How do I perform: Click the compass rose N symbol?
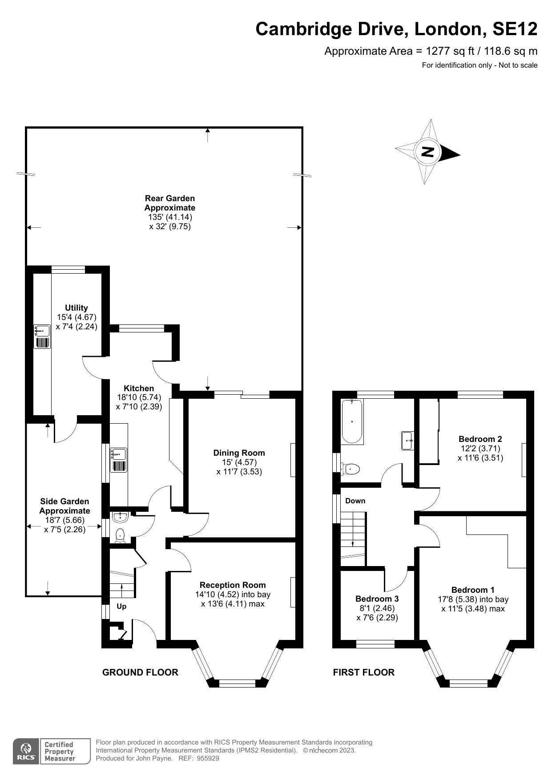point(427,152)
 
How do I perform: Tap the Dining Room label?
point(239,453)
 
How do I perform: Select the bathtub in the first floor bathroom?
point(352,421)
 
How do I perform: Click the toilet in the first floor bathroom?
point(351,469)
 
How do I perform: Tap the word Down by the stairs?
point(355,501)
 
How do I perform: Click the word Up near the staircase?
point(121,606)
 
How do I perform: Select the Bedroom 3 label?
point(377,599)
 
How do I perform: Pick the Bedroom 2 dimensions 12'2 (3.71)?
point(480,448)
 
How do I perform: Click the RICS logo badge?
point(26,751)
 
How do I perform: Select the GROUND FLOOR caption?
point(140,672)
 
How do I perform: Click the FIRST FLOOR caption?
point(363,672)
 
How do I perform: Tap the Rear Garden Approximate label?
point(169,203)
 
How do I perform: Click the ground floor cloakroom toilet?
point(120,534)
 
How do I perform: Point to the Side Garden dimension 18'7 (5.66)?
point(64,520)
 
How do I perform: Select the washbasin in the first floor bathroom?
point(408,441)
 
